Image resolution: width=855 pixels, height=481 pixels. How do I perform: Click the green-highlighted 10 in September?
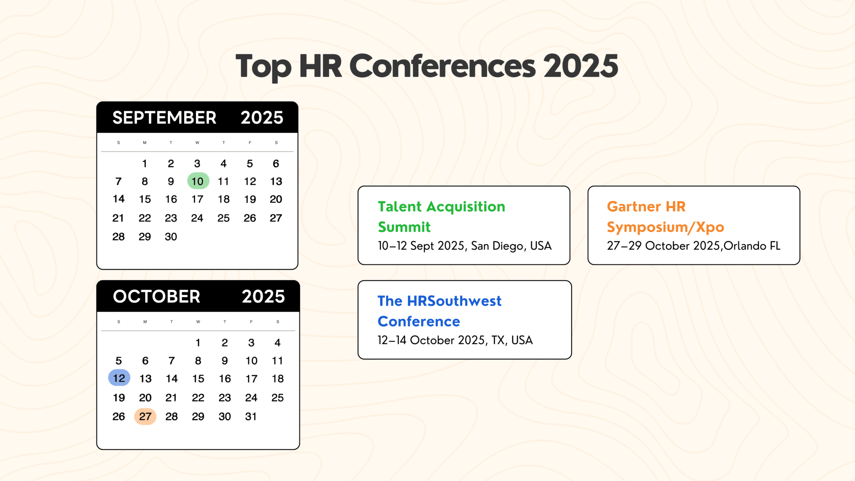point(198,181)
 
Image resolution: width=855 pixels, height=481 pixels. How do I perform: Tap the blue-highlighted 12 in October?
point(119,378)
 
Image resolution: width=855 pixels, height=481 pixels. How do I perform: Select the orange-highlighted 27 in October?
point(145,416)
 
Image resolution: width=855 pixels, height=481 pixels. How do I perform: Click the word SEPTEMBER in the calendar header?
point(164,118)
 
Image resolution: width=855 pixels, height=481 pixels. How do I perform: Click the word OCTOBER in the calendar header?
point(157,296)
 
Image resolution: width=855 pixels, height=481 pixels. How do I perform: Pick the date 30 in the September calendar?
point(171,237)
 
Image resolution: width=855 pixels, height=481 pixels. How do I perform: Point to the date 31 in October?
point(251,416)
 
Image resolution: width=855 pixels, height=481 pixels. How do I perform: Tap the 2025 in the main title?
point(580,66)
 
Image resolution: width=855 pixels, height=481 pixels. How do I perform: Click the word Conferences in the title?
point(442,66)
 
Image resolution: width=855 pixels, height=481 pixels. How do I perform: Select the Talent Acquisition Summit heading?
point(441,217)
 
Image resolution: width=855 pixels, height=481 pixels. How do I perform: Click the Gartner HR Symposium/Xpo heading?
point(665,217)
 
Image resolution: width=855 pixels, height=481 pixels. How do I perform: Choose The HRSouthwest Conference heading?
point(439,311)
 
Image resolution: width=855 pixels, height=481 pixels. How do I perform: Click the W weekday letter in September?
point(197,143)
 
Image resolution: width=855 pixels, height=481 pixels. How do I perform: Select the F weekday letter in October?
point(251,322)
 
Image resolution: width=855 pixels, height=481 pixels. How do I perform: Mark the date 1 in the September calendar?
point(144,164)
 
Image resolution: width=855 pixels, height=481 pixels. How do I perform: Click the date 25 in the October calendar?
point(278,397)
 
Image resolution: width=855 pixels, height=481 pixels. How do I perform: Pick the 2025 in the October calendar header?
point(263,296)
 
